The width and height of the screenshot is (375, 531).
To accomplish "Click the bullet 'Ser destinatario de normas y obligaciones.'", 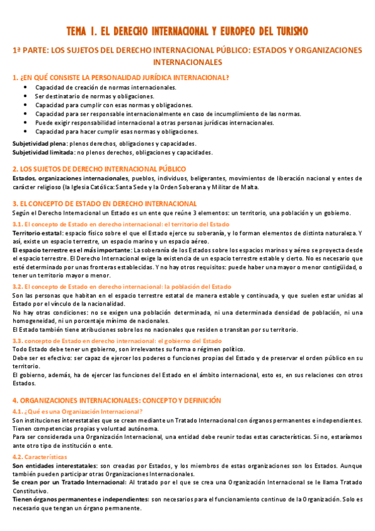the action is click(x=95, y=96).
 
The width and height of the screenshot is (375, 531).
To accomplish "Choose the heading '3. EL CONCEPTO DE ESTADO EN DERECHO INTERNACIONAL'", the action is click(x=105, y=204).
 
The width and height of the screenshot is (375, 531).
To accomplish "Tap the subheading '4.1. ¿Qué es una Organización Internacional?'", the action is click(x=78, y=411).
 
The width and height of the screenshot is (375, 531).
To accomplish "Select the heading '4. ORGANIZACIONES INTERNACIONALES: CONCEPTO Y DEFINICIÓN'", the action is click(x=116, y=400).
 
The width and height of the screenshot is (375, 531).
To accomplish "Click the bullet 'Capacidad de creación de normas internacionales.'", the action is click(x=105, y=87).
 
